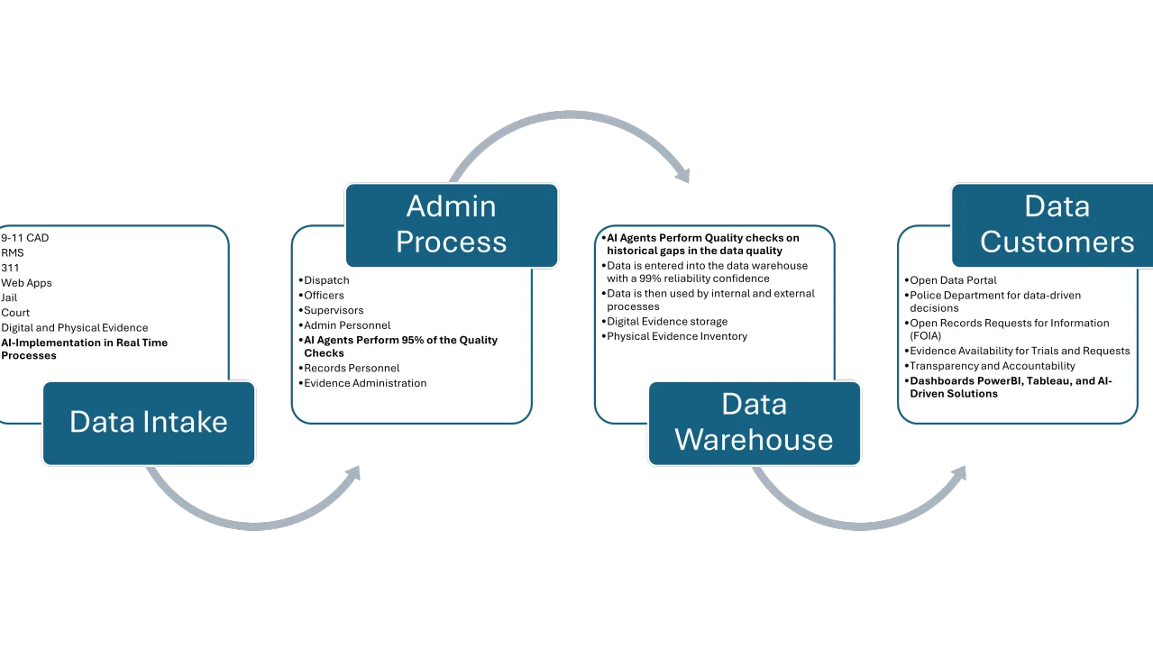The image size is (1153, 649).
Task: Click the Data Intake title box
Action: (x=149, y=423)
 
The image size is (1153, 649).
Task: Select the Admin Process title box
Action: (x=451, y=224)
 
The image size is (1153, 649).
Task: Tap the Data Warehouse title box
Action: (x=754, y=423)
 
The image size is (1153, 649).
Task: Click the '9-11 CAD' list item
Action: (x=25, y=238)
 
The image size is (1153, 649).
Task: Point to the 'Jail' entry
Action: (x=9, y=297)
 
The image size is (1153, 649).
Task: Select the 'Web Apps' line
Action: (x=26, y=283)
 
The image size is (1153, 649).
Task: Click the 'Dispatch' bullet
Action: (x=326, y=280)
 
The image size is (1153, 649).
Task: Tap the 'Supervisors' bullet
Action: (x=334, y=310)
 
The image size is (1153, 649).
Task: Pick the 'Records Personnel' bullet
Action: (x=352, y=368)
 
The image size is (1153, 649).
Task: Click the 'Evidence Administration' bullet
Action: (x=365, y=383)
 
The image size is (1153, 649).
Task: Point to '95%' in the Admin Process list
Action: (x=407, y=340)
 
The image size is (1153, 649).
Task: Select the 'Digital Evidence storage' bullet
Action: (x=667, y=322)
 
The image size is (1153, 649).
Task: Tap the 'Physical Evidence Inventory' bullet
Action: (x=677, y=336)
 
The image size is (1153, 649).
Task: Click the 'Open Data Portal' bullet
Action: (x=953, y=280)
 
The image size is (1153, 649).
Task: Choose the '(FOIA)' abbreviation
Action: (x=926, y=335)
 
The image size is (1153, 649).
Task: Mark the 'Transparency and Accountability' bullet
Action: (x=993, y=366)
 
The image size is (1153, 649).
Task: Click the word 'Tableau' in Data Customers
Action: (x=1051, y=381)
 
